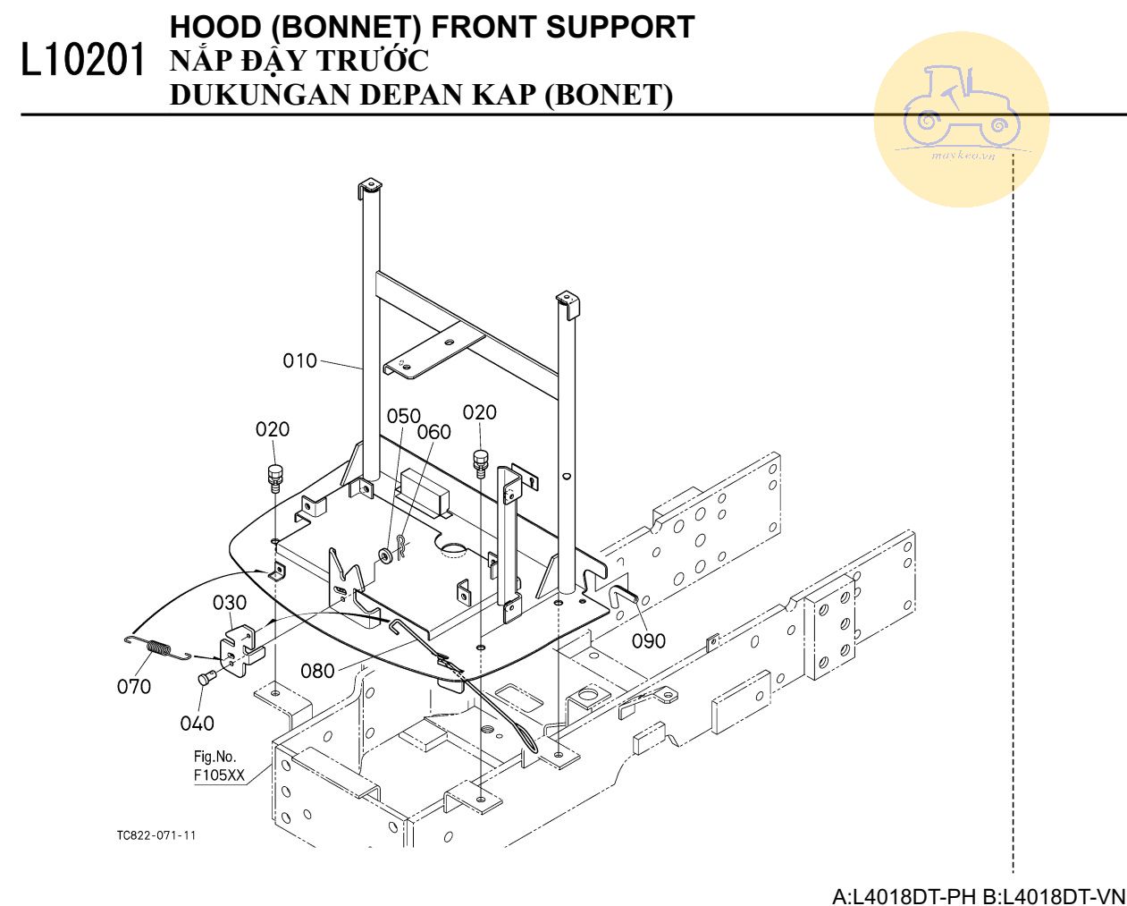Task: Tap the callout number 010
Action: [x=300, y=360]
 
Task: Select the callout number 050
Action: [x=403, y=416]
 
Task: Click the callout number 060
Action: [x=434, y=432]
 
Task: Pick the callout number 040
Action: [x=197, y=723]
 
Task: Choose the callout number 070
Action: [x=134, y=686]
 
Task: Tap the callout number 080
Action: [x=317, y=670]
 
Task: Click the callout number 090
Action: [x=649, y=640]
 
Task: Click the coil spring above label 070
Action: [x=157, y=647]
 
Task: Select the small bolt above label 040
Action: [x=205, y=679]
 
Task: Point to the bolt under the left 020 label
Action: [x=274, y=476]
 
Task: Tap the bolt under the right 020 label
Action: [x=481, y=461]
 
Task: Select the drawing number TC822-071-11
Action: [x=156, y=835]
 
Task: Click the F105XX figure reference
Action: [x=219, y=775]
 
